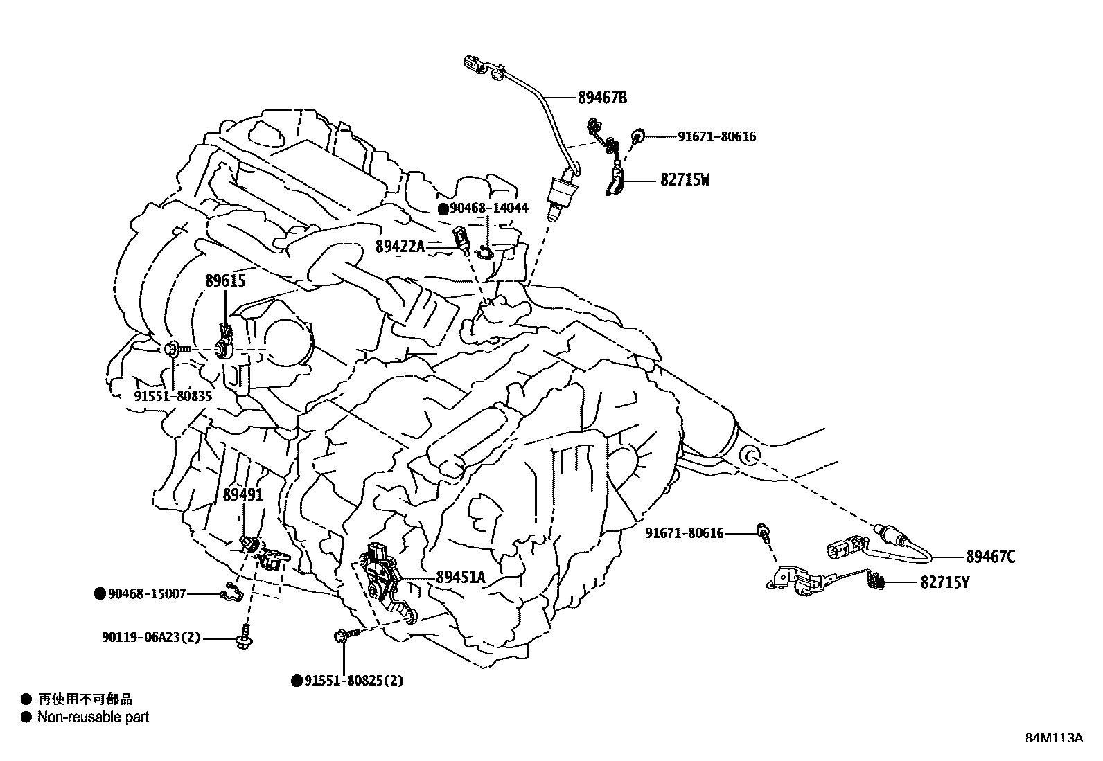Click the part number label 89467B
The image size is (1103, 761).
point(602,98)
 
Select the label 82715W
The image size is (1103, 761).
point(685,180)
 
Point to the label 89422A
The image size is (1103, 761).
point(400,246)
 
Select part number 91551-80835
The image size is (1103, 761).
point(173,396)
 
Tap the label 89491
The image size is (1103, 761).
point(243,494)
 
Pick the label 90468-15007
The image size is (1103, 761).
point(147,593)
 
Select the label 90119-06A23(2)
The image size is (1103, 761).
point(150,638)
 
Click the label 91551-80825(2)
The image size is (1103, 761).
point(353,681)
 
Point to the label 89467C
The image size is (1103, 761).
point(991,556)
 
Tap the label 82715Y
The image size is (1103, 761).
point(944,582)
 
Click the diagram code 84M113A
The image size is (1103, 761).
point(1054,737)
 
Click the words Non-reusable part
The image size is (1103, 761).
point(94,717)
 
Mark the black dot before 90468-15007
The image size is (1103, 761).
point(100,593)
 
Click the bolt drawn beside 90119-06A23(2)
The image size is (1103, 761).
point(244,638)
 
